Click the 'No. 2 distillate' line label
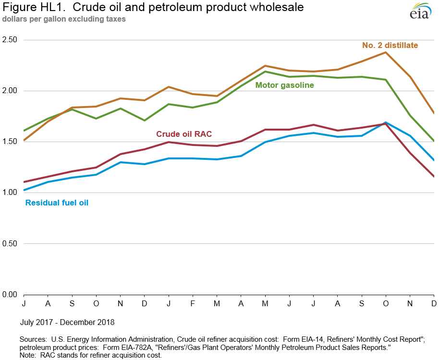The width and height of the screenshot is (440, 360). (390, 46)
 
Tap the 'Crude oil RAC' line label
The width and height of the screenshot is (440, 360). (184, 134)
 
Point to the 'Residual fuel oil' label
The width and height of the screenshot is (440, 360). (57, 203)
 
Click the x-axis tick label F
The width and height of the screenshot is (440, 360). (193, 303)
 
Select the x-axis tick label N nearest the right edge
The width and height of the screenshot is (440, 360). (410, 303)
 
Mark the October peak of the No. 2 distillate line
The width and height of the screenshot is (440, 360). (385, 52)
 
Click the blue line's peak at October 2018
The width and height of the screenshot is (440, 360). (385, 122)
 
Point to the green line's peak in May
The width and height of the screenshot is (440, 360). (265, 72)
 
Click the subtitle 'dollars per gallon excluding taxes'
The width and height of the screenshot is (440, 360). (64, 20)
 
